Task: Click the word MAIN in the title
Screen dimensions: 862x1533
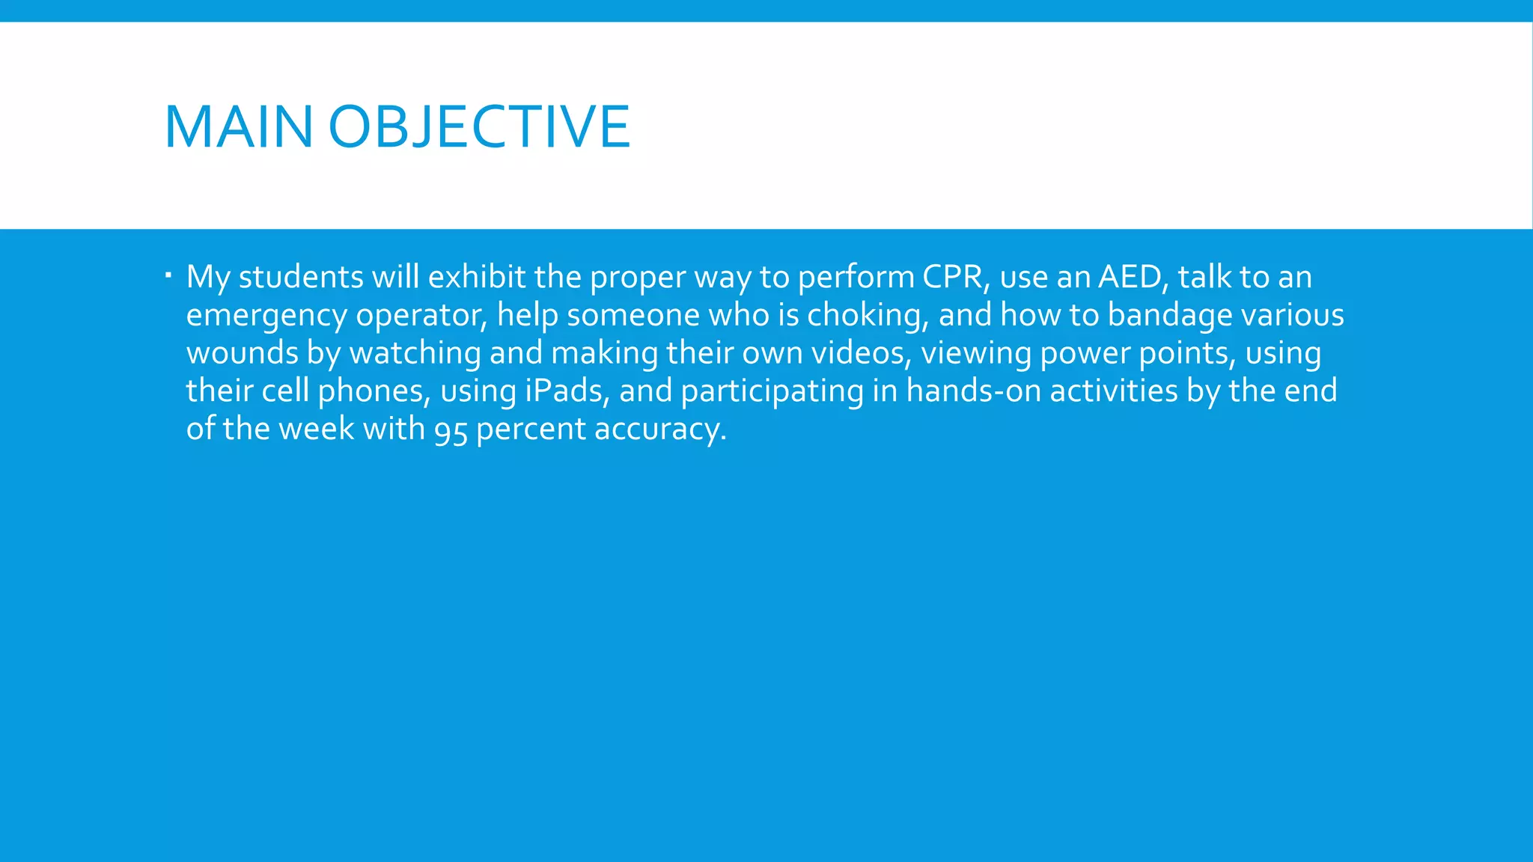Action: tap(238, 127)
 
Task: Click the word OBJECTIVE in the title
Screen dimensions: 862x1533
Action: tap(479, 127)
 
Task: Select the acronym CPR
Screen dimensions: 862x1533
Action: tap(953, 277)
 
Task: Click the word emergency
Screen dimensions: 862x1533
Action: tap(266, 316)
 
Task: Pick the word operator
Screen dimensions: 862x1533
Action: tap(421, 316)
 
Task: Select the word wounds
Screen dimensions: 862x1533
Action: tap(242, 353)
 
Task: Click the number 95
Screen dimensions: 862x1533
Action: tap(451, 430)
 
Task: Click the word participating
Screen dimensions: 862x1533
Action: tap(772, 391)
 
